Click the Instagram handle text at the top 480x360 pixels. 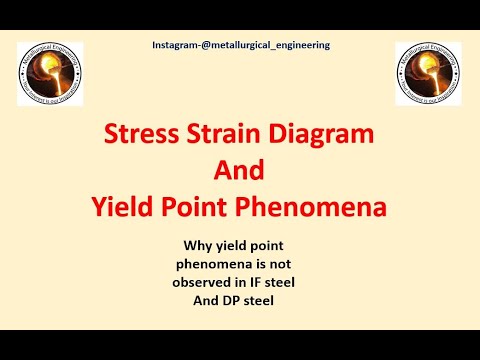[x=239, y=45]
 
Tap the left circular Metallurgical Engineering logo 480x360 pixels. [x=50, y=76]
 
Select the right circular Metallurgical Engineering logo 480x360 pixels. [x=429, y=76]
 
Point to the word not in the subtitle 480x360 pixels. [x=291, y=263]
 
